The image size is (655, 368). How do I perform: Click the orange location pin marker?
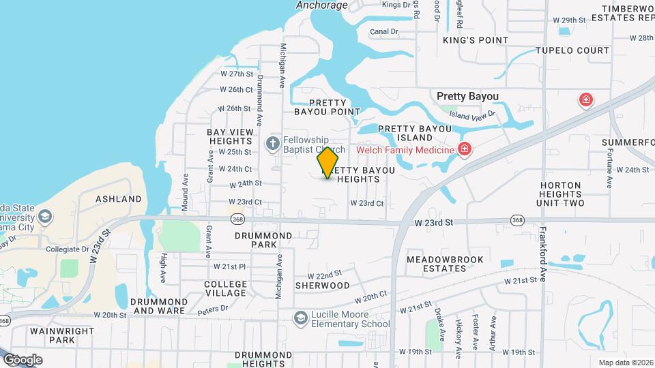click(327, 162)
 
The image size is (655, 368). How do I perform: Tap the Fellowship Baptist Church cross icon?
click(272, 143)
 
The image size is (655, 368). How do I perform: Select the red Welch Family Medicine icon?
click(465, 149)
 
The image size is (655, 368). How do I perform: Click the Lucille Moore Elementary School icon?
click(300, 318)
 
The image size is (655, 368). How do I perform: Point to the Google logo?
click(23, 359)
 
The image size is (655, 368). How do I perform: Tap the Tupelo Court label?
click(572, 50)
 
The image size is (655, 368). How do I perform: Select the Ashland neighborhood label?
click(119, 199)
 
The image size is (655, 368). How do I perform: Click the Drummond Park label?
click(263, 240)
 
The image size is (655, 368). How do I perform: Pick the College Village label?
click(226, 288)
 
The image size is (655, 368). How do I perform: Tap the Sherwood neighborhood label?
click(322, 286)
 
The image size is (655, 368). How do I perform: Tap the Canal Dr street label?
click(383, 31)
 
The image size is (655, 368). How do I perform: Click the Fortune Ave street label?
click(609, 169)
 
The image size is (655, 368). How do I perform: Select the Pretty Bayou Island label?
click(415, 133)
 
